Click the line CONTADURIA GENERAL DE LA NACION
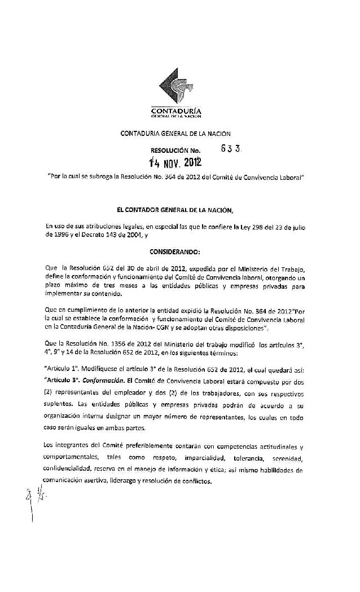175,133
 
